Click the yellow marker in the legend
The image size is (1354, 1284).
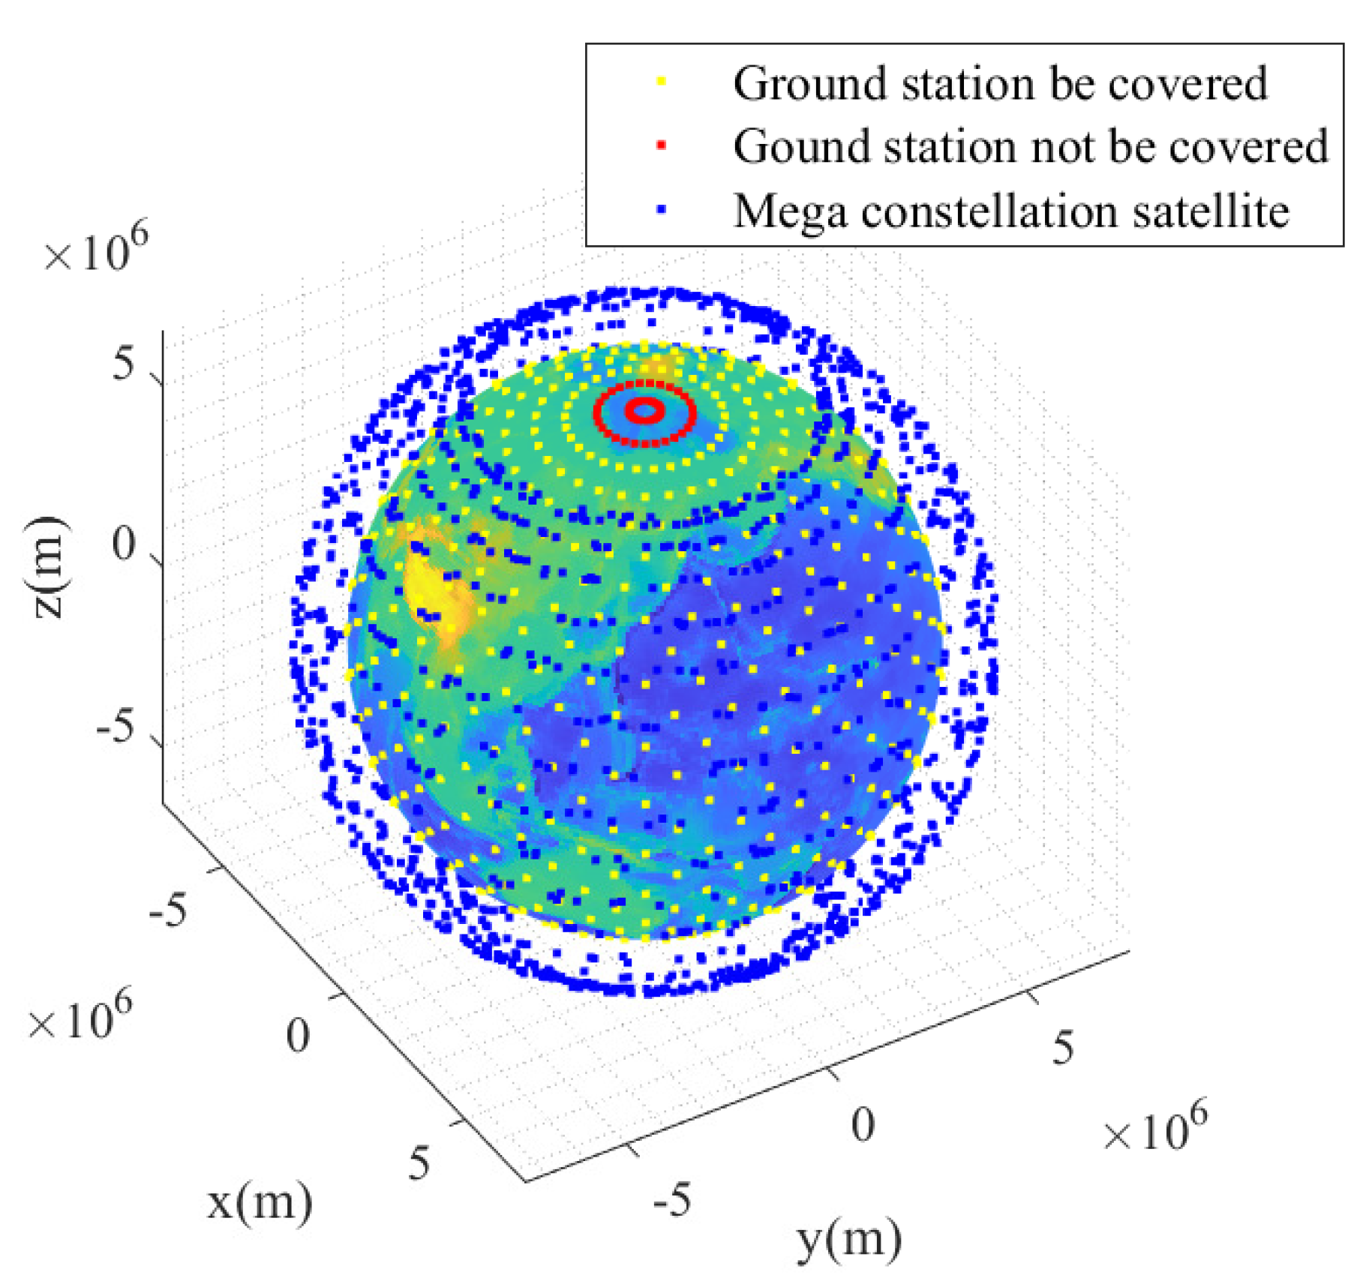(x=661, y=81)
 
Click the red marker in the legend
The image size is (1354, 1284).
(x=661, y=145)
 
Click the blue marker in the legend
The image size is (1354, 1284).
(x=661, y=210)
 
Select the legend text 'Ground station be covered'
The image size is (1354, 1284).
(x=1000, y=82)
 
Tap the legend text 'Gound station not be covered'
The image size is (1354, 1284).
(x=1030, y=145)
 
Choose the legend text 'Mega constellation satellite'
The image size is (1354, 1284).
(x=1010, y=211)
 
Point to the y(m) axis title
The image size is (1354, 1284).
(x=848, y=1239)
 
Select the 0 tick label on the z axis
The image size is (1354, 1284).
(x=123, y=543)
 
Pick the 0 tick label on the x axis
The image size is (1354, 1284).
(x=297, y=1036)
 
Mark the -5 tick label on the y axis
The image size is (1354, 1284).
(x=671, y=1200)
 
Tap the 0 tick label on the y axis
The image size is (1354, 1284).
(x=863, y=1124)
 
